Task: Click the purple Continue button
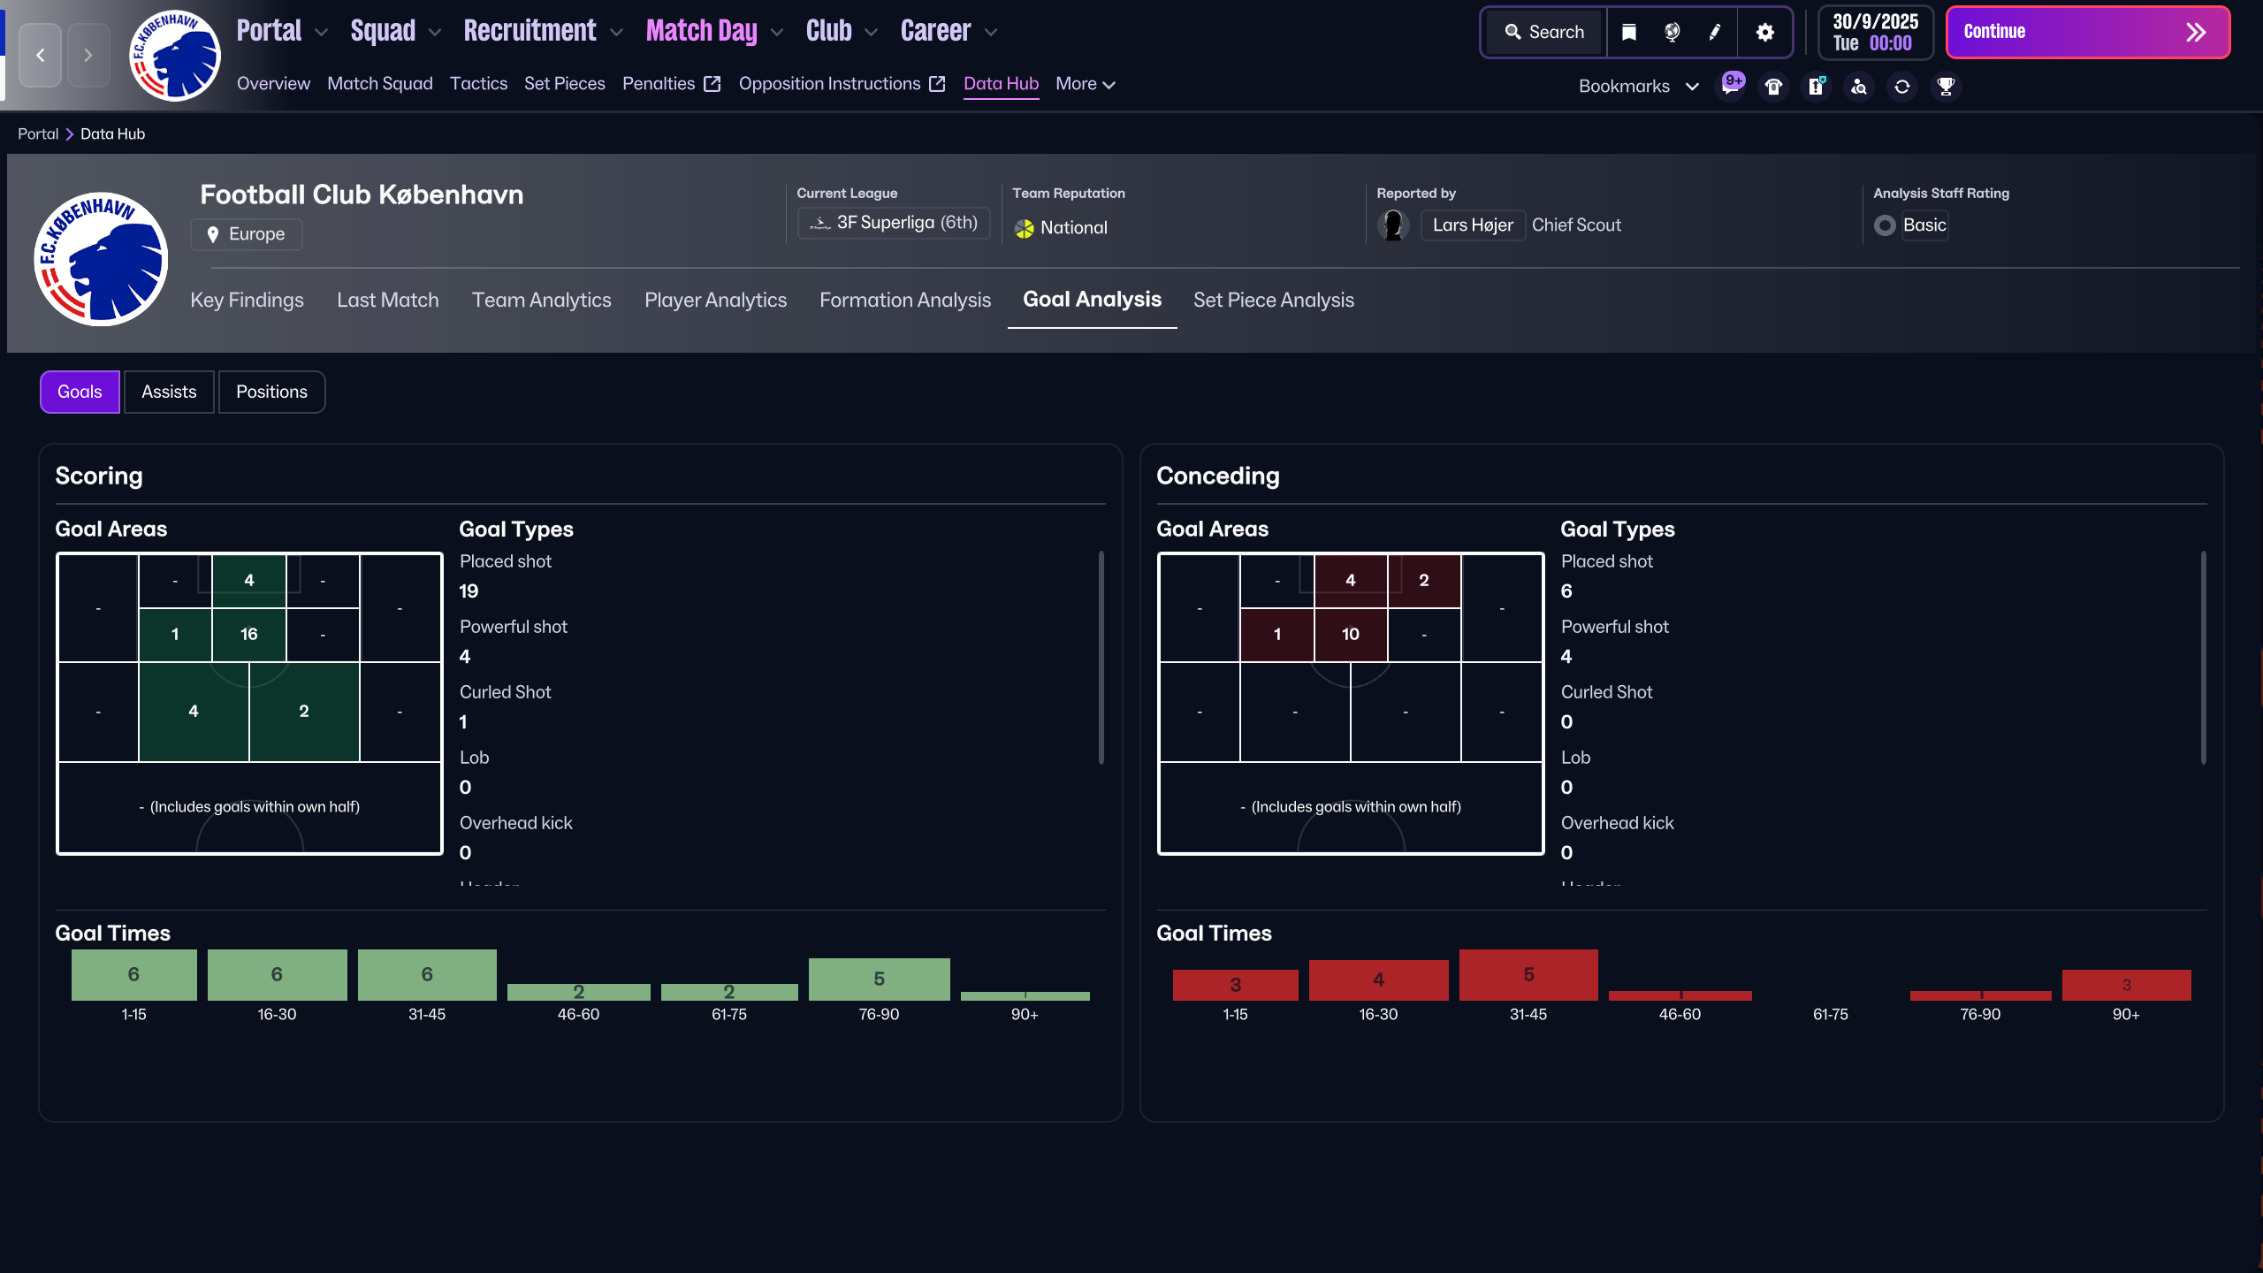(x=2086, y=33)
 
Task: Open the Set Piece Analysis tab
(x=1273, y=301)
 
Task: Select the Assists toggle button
(x=169, y=392)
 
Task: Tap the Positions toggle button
(x=271, y=392)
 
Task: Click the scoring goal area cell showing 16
(x=249, y=634)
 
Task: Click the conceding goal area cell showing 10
(x=1350, y=634)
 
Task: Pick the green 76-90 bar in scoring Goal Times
(x=879, y=979)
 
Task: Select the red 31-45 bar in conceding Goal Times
(x=1528, y=974)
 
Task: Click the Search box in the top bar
(x=1544, y=33)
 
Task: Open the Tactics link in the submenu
(x=478, y=84)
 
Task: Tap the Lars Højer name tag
(x=1472, y=225)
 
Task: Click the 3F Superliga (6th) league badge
(x=894, y=223)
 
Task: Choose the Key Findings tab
(x=247, y=301)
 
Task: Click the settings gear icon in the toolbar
(x=1764, y=33)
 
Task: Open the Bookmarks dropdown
(x=1638, y=87)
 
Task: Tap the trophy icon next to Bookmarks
(x=1945, y=87)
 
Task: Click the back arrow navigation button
(x=41, y=56)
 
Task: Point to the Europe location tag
(x=247, y=234)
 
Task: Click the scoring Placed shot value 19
(x=469, y=591)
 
